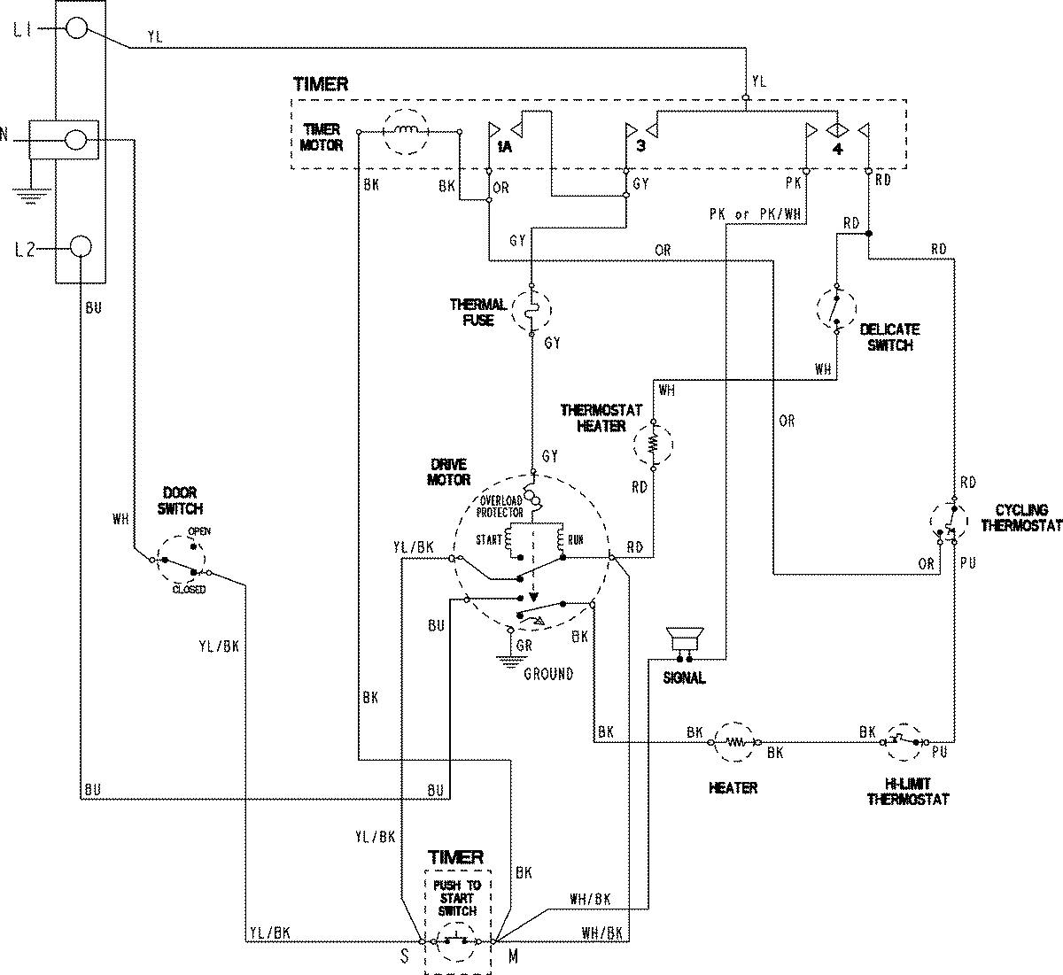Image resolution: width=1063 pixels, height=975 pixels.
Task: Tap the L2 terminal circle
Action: coord(80,247)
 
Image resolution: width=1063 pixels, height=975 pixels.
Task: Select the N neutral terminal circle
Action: coord(77,139)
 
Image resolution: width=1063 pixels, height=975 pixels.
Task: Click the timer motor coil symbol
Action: coord(406,132)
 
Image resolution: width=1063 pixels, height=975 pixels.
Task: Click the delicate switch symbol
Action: coord(835,309)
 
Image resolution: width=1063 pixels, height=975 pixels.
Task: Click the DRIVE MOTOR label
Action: coord(450,473)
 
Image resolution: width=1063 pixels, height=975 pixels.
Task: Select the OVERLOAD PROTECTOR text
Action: coord(500,506)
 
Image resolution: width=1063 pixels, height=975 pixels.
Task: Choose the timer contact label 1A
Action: coord(503,147)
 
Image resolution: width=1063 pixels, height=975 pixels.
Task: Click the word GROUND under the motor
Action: coord(547,674)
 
